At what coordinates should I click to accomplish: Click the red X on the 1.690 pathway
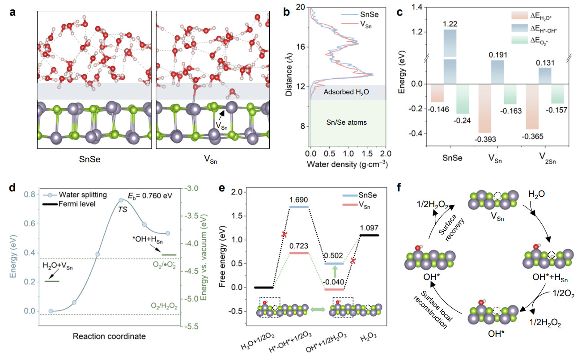click(284, 234)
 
